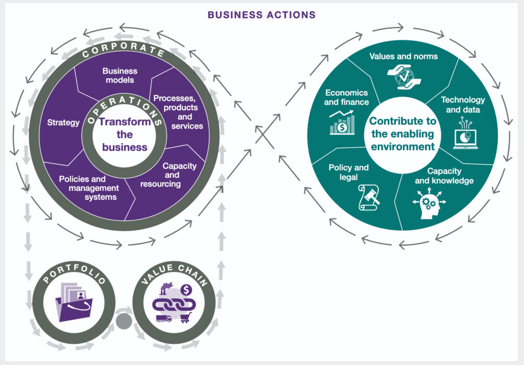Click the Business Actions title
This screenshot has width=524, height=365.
261,15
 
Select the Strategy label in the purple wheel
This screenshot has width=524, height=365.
63,123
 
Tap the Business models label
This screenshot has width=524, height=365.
120,76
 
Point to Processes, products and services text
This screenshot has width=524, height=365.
179,112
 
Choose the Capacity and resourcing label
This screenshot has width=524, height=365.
168,175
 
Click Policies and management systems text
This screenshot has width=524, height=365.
89,188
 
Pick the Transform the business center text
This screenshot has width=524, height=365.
125,134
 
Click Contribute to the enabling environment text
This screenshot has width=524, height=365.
403,133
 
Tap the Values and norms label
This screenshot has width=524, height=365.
403,56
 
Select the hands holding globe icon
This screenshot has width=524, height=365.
404,77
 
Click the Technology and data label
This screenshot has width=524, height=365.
463,104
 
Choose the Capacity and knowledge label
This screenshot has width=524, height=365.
444,176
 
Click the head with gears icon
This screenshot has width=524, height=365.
429,203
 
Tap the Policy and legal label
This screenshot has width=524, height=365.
348,172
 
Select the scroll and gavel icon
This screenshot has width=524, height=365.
369,197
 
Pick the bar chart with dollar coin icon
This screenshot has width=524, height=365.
342,123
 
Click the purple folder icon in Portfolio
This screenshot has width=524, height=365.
74,302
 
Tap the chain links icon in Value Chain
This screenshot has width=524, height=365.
174,304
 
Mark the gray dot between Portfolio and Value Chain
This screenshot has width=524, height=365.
124,321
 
